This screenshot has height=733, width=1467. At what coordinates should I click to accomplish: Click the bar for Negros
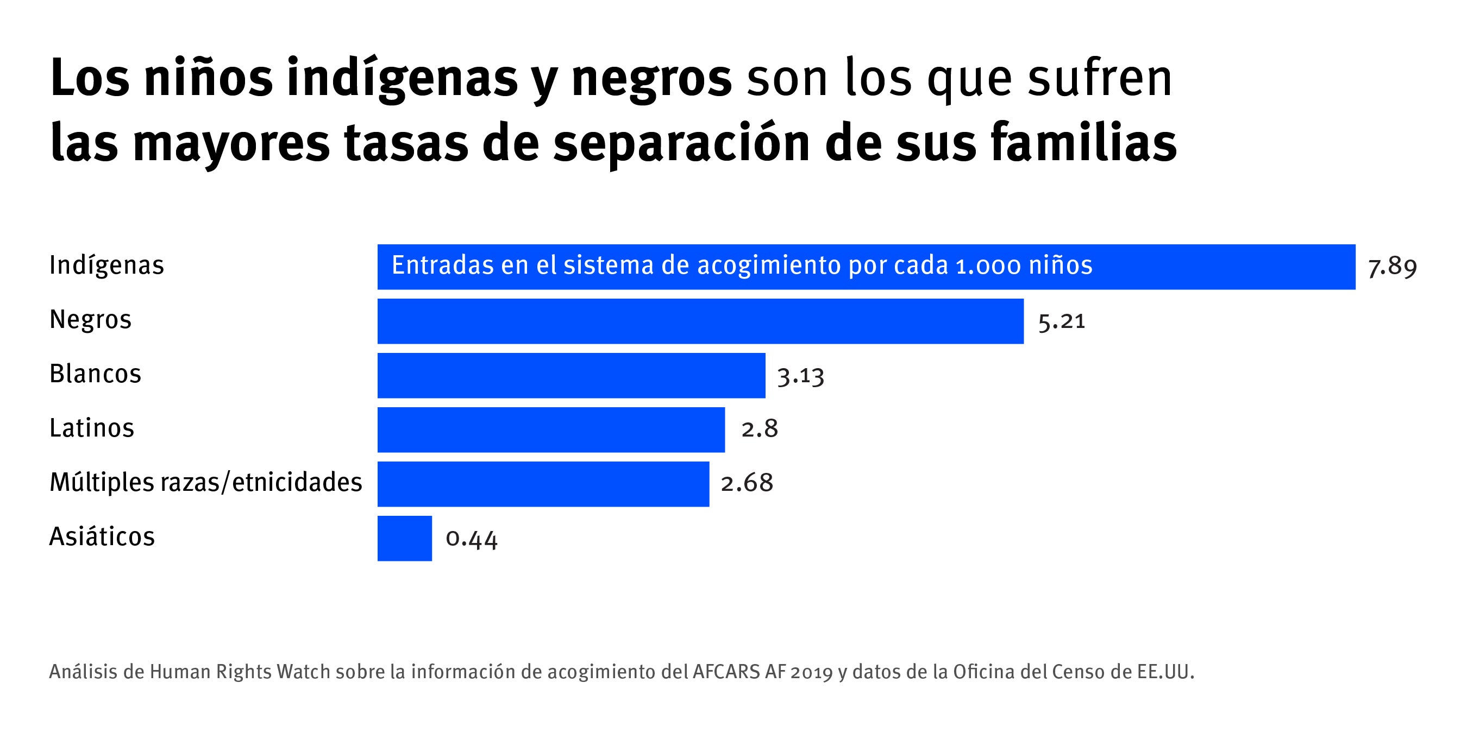point(700,321)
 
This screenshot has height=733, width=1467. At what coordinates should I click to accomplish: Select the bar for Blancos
point(571,375)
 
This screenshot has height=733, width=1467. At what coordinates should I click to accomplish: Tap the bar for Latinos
point(551,429)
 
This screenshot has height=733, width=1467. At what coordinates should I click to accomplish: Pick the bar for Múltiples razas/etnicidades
point(543,484)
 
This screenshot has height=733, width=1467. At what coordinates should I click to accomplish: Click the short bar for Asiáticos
point(404,539)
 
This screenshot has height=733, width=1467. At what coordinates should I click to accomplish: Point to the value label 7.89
point(1392,267)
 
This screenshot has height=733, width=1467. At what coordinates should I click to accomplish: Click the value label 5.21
point(1062,321)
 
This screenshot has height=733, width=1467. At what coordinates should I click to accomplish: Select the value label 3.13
point(801,376)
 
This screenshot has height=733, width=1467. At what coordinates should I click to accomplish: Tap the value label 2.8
point(759,428)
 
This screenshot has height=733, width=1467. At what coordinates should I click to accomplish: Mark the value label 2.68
point(747,483)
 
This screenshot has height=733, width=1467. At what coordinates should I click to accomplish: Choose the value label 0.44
point(472,539)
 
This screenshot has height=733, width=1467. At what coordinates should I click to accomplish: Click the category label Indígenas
point(106,265)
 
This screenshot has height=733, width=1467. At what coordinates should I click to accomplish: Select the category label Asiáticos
point(102,536)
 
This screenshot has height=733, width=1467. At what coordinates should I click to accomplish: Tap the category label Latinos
point(92,428)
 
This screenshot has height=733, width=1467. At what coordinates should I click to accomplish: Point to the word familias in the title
point(1083,143)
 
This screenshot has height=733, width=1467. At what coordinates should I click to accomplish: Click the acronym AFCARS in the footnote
point(726,672)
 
